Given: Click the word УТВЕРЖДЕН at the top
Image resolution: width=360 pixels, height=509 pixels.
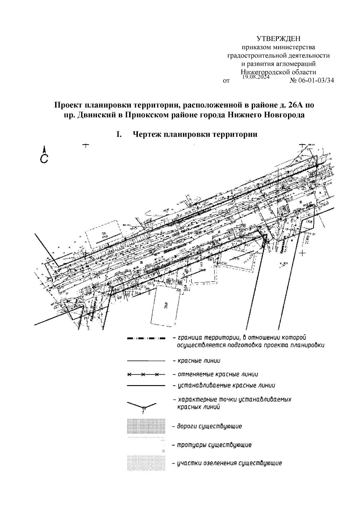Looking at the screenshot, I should (278, 39).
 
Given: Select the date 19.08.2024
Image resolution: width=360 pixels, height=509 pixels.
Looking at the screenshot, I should (256, 77).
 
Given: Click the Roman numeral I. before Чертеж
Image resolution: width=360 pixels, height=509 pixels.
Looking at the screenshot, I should (119, 134).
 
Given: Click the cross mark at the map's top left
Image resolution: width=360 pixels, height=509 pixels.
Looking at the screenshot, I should (86, 146).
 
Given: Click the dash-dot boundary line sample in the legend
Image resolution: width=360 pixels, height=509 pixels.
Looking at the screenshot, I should (146, 339).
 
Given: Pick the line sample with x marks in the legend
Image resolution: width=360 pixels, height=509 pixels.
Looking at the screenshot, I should (146, 375).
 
